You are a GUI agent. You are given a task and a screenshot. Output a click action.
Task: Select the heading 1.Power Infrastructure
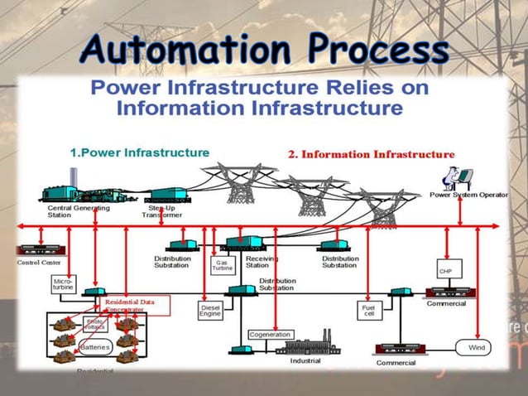pos(138,152)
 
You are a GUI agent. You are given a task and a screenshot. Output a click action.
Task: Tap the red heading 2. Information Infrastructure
pos(371,154)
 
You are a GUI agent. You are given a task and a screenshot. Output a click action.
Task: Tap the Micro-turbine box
pos(64,285)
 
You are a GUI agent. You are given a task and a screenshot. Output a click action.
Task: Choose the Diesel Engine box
pos(210,311)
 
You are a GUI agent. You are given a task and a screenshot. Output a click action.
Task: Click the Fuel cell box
pos(368,311)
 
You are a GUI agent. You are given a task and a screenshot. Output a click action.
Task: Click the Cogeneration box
pos(270,334)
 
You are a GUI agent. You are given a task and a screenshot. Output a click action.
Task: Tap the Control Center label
pos(39,263)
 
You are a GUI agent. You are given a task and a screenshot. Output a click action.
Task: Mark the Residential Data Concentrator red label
pos(130,306)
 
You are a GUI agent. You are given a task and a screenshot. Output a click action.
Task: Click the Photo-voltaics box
pos(96,324)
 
